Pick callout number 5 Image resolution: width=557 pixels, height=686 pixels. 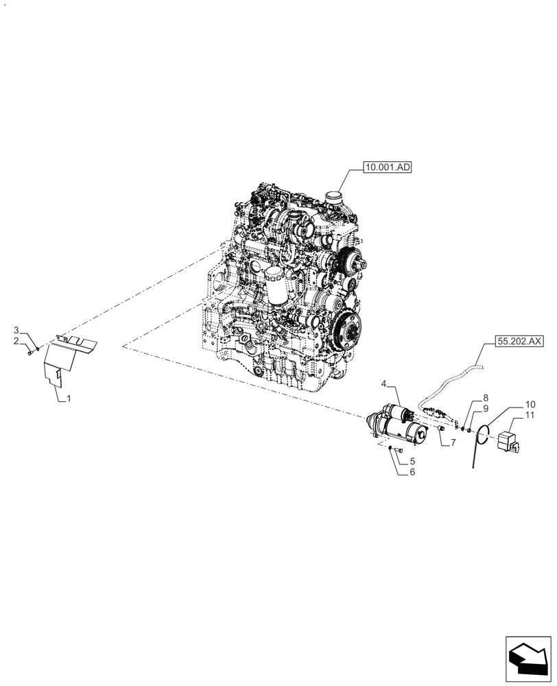click(x=412, y=461)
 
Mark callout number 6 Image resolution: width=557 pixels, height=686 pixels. click(x=412, y=472)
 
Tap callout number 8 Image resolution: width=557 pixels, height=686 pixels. click(x=486, y=398)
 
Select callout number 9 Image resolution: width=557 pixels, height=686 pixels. click(x=486, y=408)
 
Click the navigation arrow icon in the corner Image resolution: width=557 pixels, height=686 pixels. click(x=528, y=660)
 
